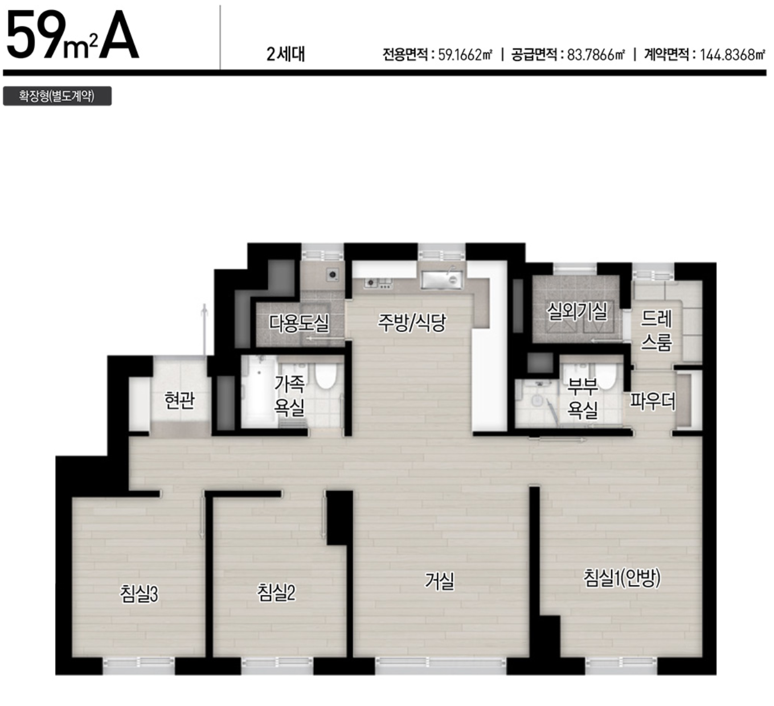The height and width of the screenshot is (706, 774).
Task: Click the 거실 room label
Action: pyautogui.click(x=440, y=581)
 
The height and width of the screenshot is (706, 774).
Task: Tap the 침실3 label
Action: pyautogui.click(x=139, y=594)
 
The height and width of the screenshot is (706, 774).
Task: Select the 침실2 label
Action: pyautogui.click(x=276, y=593)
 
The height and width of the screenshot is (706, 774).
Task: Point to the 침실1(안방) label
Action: pyautogui.click(x=621, y=578)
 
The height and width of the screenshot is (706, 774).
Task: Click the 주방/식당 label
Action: pyautogui.click(x=412, y=323)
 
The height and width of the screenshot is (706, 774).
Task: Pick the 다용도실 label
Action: pyautogui.click(x=300, y=323)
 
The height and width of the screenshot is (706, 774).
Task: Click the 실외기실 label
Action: pyautogui.click(x=577, y=311)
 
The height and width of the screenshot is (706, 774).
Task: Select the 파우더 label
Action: pyautogui.click(x=653, y=401)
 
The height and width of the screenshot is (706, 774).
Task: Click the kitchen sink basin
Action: pyautogui.click(x=442, y=280)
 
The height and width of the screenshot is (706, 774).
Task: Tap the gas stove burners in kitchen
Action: pyautogui.click(x=379, y=283)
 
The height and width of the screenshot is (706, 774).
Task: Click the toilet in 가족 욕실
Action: pyautogui.click(x=326, y=376)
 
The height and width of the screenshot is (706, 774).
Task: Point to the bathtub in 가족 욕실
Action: pyautogui.click(x=259, y=391)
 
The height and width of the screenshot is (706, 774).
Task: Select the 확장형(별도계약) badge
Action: pyautogui.click(x=57, y=96)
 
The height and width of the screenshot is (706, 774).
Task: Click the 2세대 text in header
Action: pyautogui.click(x=286, y=55)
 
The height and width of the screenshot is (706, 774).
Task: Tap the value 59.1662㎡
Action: pyautogui.click(x=465, y=55)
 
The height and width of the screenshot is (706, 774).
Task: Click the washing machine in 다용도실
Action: pyautogui.click(x=333, y=274)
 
